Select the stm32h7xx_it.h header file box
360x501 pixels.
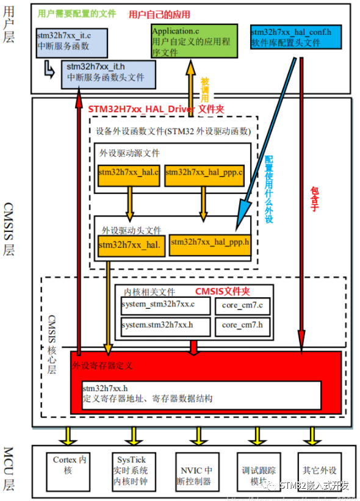[x=108, y=74]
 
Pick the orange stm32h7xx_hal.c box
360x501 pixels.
[x=129, y=174]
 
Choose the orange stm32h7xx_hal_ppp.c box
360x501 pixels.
[x=204, y=174]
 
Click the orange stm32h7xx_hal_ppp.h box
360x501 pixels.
[x=210, y=242]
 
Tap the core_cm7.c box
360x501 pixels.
[x=242, y=305]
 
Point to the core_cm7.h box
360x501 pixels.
[x=242, y=325]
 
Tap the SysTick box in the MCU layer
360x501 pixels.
[x=129, y=470]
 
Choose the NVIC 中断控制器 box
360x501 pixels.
[x=196, y=470]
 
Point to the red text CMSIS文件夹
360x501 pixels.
[x=223, y=292]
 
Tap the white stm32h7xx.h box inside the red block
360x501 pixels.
[x=201, y=394]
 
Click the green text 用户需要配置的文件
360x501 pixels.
[x=76, y=13]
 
